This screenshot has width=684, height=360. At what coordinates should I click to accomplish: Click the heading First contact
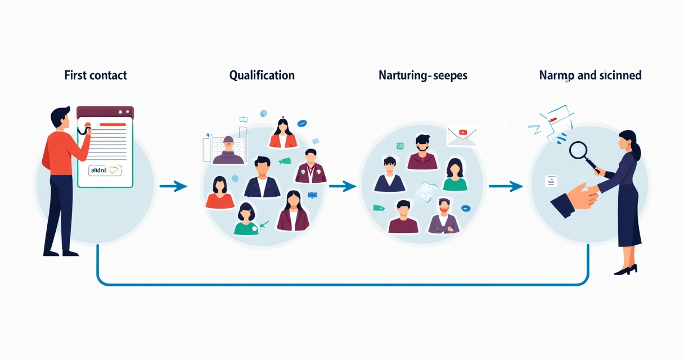click(96, 75)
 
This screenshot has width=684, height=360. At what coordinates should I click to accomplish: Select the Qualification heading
click(262, 75)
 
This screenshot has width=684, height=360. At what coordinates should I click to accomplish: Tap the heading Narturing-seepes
click(423, 75)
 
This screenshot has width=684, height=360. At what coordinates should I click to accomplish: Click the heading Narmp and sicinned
click(590, 75)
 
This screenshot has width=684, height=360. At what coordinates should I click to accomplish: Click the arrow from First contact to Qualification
click(173, 186)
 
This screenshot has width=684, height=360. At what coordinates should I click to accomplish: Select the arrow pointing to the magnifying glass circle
click(506, 186)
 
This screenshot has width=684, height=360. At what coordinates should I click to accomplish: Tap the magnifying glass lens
click(578, 150)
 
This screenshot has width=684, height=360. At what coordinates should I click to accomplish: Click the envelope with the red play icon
click(462, 136)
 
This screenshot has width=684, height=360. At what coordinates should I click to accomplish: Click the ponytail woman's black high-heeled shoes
click(625, 269)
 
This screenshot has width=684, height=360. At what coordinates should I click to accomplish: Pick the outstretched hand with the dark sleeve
click(571, 200)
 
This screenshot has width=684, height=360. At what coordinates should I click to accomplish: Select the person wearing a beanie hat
click(228, 150)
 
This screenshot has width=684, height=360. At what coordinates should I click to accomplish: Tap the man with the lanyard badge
click(310, 166)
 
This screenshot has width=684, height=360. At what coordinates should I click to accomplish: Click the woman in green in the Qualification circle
click(246, 220)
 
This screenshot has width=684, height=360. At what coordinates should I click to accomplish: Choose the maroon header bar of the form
click(105, 112)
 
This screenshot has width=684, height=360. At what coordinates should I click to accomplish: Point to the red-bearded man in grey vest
click(443, 216)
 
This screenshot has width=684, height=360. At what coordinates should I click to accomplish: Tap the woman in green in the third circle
click(454, 174)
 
